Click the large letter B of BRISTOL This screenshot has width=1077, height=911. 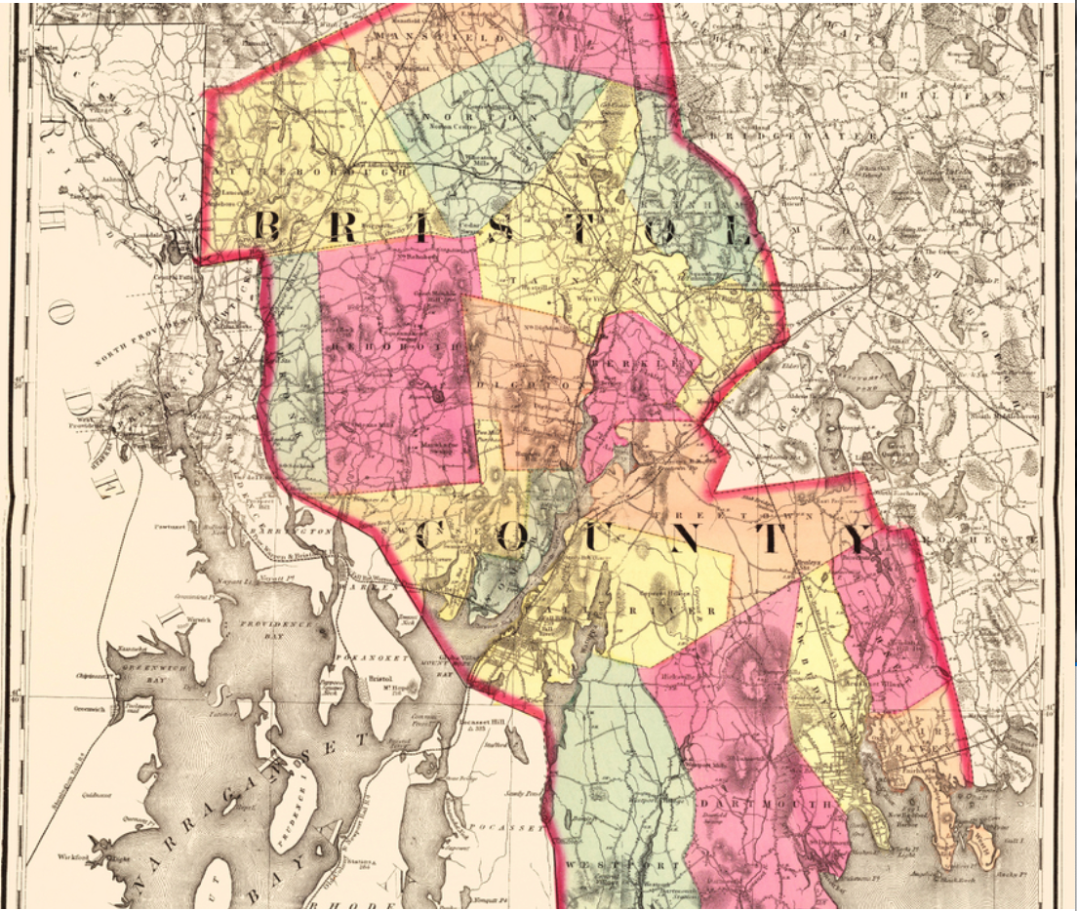[x=266, y=226]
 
